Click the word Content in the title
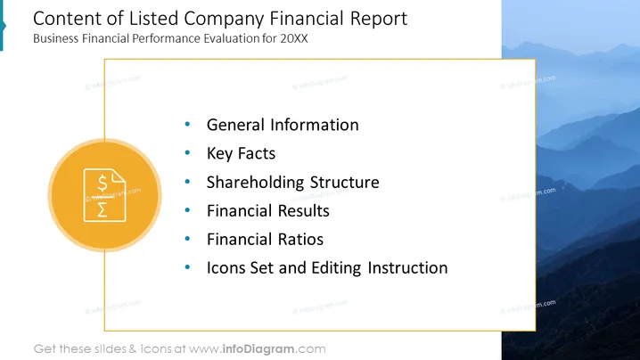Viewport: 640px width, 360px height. coord(67,19)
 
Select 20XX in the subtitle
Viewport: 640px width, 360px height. coord(294,38)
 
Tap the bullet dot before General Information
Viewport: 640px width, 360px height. coord(187,124)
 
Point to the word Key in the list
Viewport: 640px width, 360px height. coord(219,154)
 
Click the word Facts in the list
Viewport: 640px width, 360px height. coord(257,153)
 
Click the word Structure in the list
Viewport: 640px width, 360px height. coord(344,183)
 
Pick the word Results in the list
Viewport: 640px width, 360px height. coord(304,211)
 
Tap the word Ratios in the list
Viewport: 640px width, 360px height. coord(300,240)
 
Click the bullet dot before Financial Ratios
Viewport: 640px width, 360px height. coord(187,239)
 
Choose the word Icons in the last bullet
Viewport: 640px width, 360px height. coord(226,268)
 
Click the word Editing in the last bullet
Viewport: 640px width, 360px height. coord(336,268)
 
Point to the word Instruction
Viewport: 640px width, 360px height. coord(407,268)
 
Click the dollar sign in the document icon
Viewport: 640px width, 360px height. coord(103,183)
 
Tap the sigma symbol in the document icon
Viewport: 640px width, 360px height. coord(103,209)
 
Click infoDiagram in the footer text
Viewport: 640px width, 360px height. coord(258,349)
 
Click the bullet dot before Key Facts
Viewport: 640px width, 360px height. coord(187,152)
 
